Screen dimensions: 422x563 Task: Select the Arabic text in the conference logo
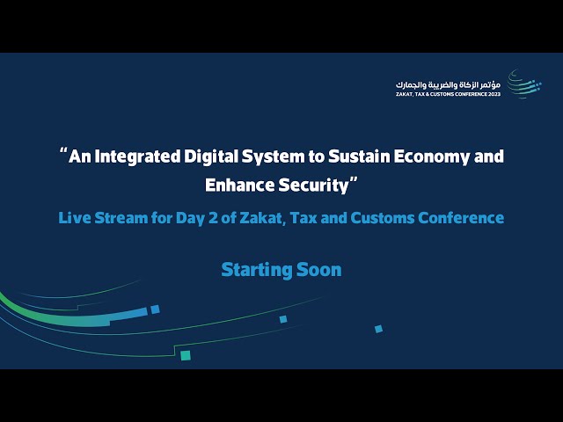pyautogui.click(x=450, y=84)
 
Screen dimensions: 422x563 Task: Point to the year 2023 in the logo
pyautogui.click(x=493, y=93)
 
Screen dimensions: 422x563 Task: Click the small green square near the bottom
pyautogui.click(x=186, y=355)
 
